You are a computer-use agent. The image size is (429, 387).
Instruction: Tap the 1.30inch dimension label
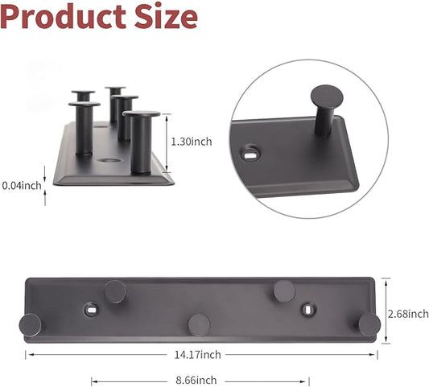[192, 142]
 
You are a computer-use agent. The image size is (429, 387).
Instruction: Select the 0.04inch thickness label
[20, 185]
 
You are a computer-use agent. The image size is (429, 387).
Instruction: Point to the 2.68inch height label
[407, 313]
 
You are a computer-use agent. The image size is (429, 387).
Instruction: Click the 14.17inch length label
[200, 354]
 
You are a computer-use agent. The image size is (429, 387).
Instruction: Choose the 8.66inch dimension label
[196, 381]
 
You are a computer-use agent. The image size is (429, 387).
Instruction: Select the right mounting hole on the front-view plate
[308, 308]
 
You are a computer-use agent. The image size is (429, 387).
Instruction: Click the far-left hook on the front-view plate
[31, 325]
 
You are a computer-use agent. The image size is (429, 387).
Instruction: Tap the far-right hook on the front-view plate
[369, 325]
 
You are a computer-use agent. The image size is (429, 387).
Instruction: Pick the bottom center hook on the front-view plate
[199, 324]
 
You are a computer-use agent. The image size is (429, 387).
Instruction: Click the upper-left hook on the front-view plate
[115, 291]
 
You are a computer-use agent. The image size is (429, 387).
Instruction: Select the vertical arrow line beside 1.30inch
[167, 142]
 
